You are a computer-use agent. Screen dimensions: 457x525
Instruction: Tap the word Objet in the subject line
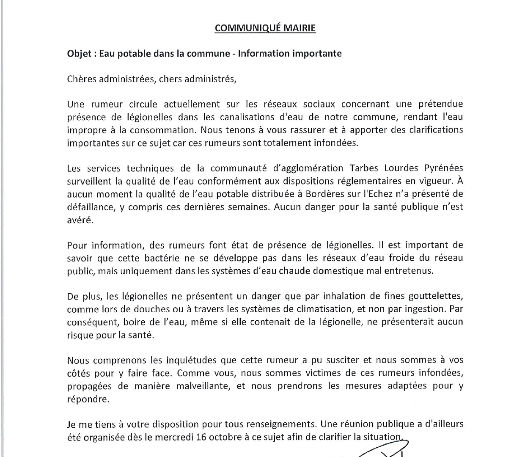(x=78, y=54)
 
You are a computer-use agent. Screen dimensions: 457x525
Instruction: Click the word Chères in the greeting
(x=81, y=79)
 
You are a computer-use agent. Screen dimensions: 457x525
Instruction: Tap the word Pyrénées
(x=444, y=168)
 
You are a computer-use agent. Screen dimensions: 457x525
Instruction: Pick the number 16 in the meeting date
(x=201, y=437)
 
